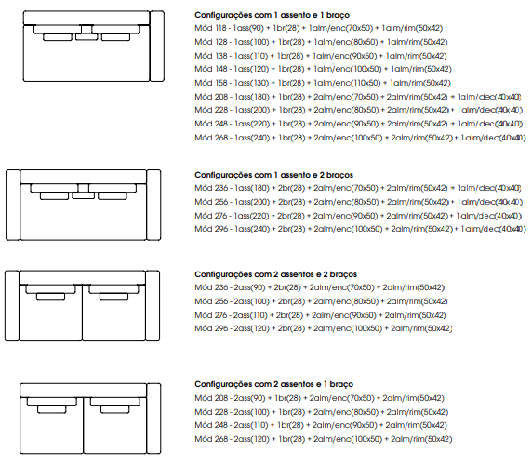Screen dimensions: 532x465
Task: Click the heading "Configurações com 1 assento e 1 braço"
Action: [272, 15]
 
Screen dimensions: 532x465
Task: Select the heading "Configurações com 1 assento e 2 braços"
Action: [273, 175]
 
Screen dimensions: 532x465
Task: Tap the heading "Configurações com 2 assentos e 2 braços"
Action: [276, 274]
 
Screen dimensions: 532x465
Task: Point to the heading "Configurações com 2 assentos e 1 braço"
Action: [273, 384]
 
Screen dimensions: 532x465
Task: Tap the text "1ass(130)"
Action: [251, 83]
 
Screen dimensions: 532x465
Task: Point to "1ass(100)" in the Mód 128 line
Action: [251, 42]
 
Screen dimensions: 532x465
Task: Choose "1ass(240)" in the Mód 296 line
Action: [252, 229]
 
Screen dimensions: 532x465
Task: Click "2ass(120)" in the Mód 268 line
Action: [251, 439]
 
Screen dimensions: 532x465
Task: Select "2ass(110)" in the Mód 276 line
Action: [250, 315]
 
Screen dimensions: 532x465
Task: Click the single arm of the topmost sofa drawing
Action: [157, 46]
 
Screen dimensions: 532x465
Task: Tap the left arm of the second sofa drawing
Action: [13, 206]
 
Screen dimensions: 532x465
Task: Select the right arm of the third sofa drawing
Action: [153, 306]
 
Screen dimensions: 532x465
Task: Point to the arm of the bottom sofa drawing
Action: [154, 418]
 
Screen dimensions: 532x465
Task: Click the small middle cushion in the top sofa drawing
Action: [86, 37]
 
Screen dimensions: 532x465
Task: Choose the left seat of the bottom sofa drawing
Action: [51, 425]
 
